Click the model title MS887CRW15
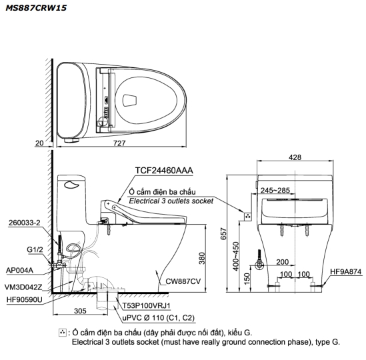[x=36, y=8]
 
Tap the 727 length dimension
[x=119, y=143]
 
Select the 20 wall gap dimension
[x=39, y=143]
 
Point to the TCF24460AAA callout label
[x=164, y=171]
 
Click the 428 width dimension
[x=295, y=157]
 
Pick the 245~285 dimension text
[x=275, y=190]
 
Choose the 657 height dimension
[x=223, y=233]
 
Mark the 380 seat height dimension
[x=202, y=258]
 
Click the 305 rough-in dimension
[x=80, y=311]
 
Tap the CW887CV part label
[x=183, y=281]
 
